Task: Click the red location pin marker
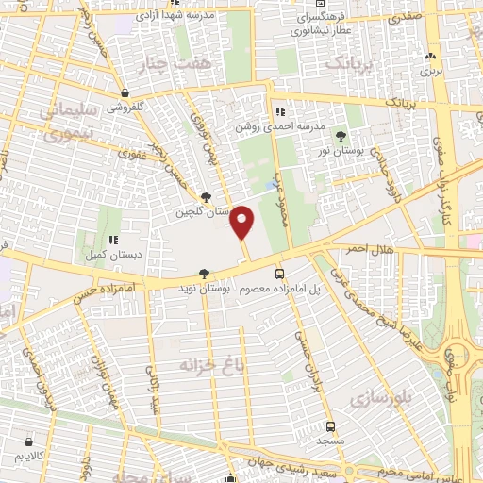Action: (x=242, y=223)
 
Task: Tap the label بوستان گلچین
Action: (x=204, y=212)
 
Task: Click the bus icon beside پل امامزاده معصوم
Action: (x=278, y=273)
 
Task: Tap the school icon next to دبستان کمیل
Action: (x=113, y=240)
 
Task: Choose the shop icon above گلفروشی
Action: (x=125, y=93)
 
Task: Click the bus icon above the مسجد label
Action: (x=330, y=426)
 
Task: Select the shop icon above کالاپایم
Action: (x=30, y=441)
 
